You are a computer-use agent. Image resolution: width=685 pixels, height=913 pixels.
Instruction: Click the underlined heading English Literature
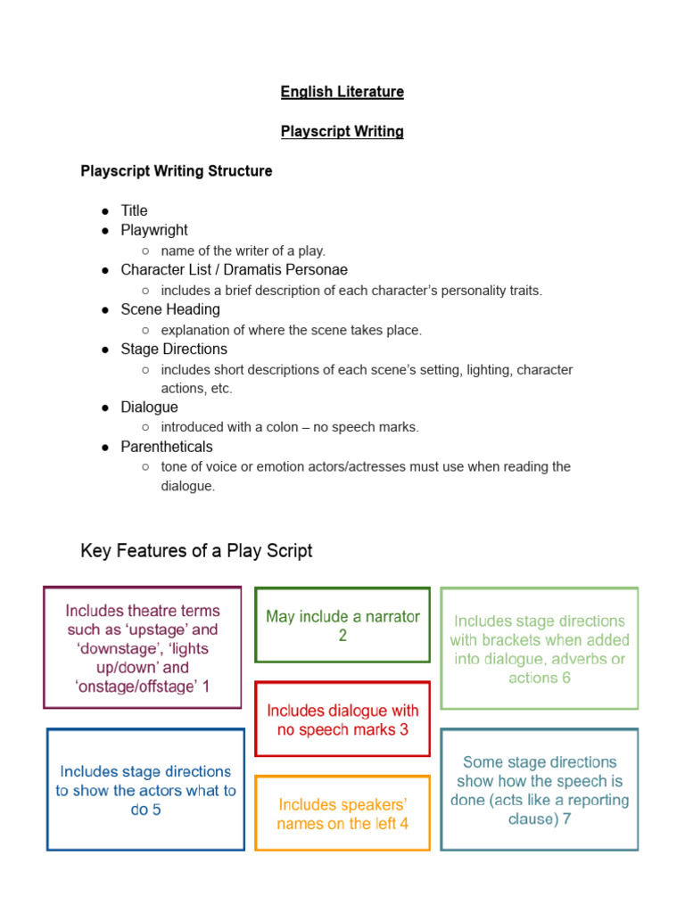click(x=342, y=92)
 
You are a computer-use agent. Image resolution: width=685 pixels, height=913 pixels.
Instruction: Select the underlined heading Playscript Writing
click(x=342, y=131)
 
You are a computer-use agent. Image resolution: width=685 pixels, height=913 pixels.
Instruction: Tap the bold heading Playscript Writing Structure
click(x=177, y=170)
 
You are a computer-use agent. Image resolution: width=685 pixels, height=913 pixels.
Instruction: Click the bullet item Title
click(x=134, y=210)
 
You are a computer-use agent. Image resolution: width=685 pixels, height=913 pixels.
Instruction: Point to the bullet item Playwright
click(x=154, y=230)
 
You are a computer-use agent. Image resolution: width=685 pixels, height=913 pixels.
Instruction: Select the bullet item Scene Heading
click(x=170, y=309)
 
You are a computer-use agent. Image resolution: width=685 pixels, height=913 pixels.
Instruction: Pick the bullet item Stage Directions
click(x=174, y=349)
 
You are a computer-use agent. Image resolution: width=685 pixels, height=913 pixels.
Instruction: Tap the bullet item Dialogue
click(x=149, y=407)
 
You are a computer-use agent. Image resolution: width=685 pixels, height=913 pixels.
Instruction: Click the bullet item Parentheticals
click(x=167, y=446)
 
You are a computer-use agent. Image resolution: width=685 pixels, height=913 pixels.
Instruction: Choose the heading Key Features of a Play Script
click(x=196, y=551)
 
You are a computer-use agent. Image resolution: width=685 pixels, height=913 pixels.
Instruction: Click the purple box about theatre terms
click(x=143, y=648)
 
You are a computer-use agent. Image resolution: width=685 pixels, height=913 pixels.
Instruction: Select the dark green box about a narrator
click(x=342, y=625)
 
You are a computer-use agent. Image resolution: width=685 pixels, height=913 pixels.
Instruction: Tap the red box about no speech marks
click(x=342, y=720)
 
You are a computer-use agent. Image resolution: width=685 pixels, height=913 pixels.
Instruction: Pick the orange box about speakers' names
click(x=342, y=813)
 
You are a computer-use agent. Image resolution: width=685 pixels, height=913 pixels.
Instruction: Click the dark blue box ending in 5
click(x=145, y=790)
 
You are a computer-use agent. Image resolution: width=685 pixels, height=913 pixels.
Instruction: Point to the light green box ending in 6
click(x=540, y=649)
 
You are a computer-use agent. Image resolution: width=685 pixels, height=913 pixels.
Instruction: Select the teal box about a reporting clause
click(x=540, y=790)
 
